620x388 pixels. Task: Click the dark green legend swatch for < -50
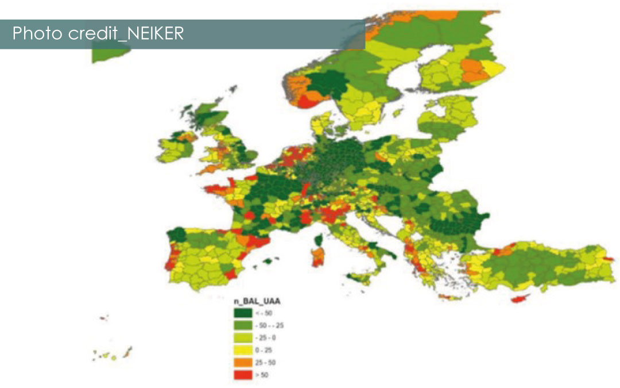[x=242, y=313]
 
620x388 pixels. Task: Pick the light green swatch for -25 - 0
[x=242, y=338]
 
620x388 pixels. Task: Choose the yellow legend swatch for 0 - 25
[x=242, y=350]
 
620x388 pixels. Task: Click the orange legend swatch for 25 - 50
[x=242, y=363]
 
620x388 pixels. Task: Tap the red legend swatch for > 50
[x=242, y=375]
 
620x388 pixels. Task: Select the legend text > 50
[x=262, y=375]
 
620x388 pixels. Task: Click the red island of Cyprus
[x=521, y=299]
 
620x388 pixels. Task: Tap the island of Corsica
[x=317, y=239]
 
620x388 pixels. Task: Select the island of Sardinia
[x=316, y=258]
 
